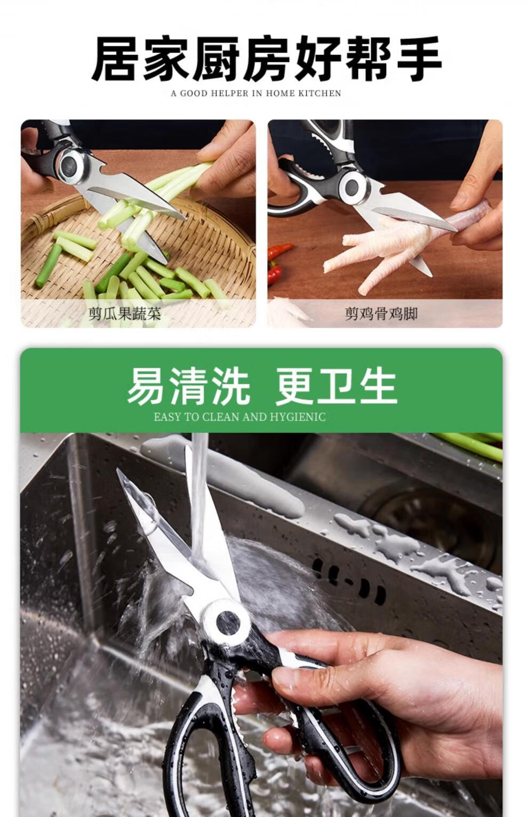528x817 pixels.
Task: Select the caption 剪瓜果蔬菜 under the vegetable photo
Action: point(125,313)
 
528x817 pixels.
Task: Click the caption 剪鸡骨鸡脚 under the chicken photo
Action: point(381,313)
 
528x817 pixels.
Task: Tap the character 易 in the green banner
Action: point(146,385)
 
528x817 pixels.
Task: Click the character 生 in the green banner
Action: point(378,385)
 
